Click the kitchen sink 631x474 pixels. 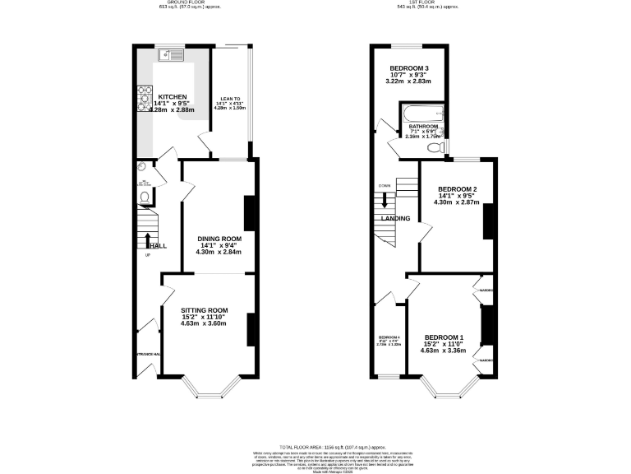(x=175, y=56)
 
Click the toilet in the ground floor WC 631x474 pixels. (x=145, y=197)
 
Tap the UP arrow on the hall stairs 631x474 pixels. (x=148, y=240)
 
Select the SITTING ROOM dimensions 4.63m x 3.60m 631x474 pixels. (x=204, y=323)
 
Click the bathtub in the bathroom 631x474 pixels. (x=422, y=114)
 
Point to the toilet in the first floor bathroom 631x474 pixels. (x=442, y=147)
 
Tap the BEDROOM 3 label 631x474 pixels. (x=409, y=67)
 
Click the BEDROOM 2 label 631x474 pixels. (x=457, y=188)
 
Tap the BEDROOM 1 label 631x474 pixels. (x=444, y=337)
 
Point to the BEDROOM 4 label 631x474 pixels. (x=389, y=337)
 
